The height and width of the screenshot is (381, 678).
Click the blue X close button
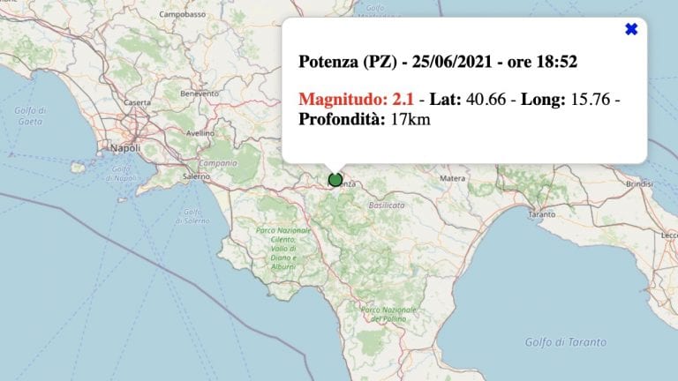[631, 29]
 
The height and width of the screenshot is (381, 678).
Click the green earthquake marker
[335, 180]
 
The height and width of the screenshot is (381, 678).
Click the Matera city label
[453, 177]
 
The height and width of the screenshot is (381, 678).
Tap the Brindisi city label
[638, 183]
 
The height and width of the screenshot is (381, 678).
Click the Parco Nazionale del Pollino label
[381, 314]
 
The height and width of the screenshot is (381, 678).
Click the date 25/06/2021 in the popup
[451, 63]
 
